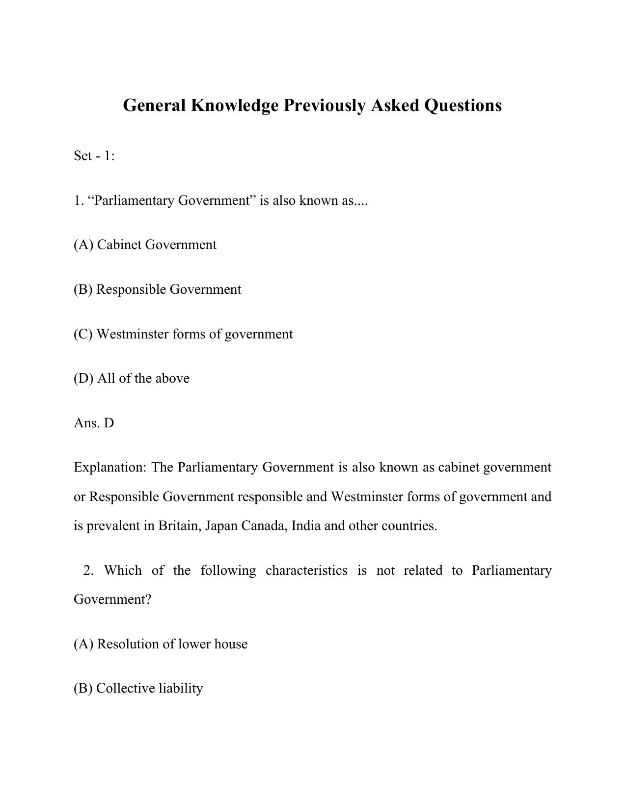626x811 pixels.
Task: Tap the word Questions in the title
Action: (463, 106)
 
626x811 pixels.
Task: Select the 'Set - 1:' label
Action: (94, 156)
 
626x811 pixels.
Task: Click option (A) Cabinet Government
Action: (145, 245)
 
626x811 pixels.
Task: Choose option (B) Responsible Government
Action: (157, 289)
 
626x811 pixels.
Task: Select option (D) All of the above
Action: (132, 378)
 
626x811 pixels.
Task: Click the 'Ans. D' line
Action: (94, 423)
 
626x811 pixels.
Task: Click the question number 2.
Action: (88, 570)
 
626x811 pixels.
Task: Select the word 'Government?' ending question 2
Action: (112, 600)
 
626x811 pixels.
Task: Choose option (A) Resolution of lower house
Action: (161, 644)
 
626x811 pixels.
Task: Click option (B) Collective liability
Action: (138, 688)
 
